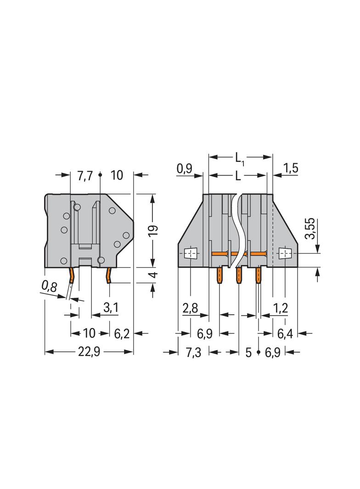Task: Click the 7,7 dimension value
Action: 85,175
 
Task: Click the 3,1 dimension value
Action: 110,308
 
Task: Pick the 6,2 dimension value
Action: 121,333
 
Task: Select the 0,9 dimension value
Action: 185,169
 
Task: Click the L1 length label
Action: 239,158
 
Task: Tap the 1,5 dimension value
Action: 291,169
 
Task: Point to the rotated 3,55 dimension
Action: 310,228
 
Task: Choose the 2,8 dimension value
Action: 190,308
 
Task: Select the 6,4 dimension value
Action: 285,333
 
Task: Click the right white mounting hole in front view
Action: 285,253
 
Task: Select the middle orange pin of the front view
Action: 239,276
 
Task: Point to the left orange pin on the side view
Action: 72,276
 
